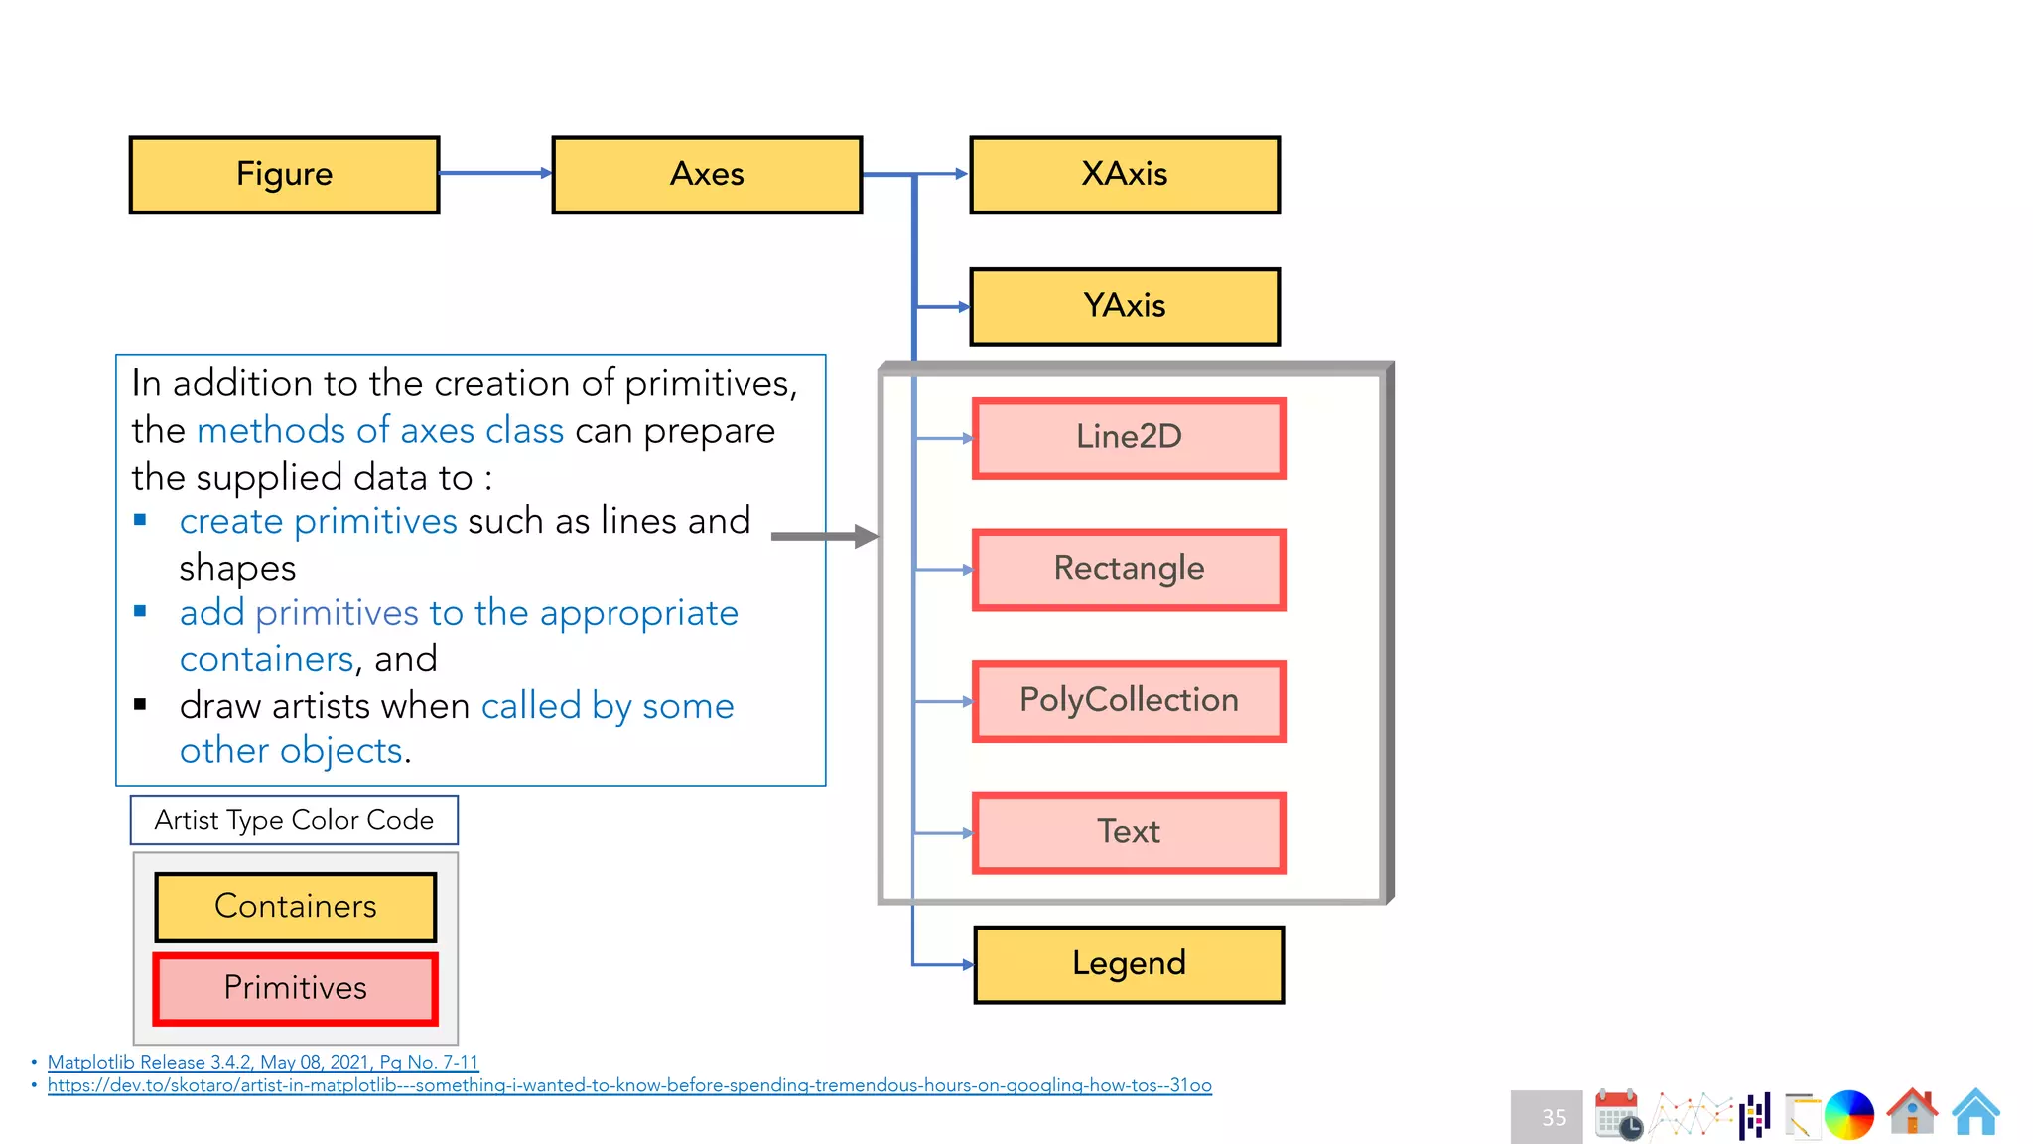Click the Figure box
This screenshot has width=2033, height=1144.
point(284,175)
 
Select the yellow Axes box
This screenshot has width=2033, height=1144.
point(707,175)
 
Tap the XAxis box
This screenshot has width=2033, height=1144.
point(1124,175)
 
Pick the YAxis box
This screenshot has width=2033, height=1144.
point(1124,306)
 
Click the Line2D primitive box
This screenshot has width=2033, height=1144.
point(1129,438)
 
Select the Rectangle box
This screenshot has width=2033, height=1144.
point(1129,569)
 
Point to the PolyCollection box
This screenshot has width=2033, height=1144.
point(1129,701)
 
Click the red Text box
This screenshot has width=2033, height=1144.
point(1129,832)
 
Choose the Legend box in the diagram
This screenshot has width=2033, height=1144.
point(1129,964)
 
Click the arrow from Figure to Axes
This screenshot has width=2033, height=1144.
point(494,173)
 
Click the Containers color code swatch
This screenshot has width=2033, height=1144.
point(295,907)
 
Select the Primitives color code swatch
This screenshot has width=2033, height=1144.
point(295,988)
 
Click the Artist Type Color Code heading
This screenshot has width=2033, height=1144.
point(294,820)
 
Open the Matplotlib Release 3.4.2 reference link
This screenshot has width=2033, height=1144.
point(262,1062)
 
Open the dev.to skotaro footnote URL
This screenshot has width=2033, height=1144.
point(629,1085)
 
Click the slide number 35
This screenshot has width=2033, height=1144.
point(1553,1117)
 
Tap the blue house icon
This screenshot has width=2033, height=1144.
point(1975,1112)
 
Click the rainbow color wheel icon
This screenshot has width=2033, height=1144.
point(1848,1114)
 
